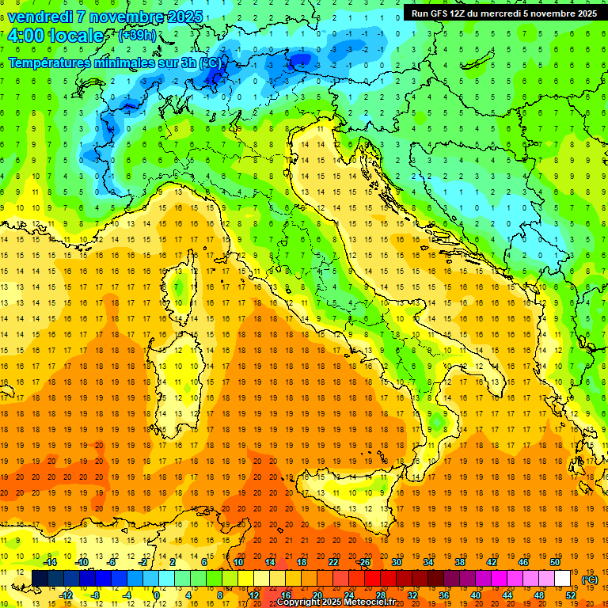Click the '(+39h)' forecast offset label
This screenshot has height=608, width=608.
(x=137, y=36)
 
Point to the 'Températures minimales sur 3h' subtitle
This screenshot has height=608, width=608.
(x=103, y=62)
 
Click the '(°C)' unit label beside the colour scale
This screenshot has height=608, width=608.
(x=590, y=579)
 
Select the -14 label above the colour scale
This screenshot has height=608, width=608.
(x=51, y=562)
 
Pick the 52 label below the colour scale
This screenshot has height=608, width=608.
(x=571, y=595)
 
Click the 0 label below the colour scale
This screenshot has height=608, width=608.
(x=157, y=595)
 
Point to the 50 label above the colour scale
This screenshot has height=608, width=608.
(x=555, y=562)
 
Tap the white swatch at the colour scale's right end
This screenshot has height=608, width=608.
(x=563, y=579)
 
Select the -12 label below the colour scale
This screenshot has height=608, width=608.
(x=66, y=595)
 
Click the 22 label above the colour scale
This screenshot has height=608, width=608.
(x=333, y=562)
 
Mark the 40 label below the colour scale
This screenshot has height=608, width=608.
(x=476, y=595)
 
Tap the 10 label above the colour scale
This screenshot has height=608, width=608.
(x=238, y=562)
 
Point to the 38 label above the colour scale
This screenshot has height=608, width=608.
(x=460, y=562)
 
